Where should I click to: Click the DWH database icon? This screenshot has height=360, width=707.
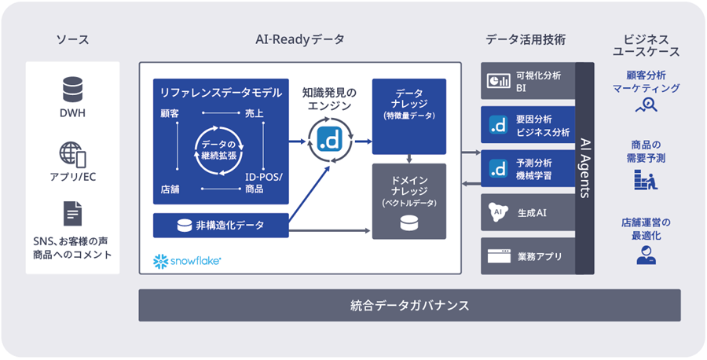tap(72, 90)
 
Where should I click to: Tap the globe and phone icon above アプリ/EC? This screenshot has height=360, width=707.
tap(72, 152)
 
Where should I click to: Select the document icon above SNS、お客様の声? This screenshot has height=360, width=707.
tap(72, 213)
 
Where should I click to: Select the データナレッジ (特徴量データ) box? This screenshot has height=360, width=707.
tap(408, 116)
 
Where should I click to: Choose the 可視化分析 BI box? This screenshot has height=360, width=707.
tap(528, 81)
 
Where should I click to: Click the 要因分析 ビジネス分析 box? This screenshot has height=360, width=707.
tap(528, 125)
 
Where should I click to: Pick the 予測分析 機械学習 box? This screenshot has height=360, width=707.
tap(528, 169)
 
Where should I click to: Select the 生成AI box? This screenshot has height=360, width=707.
tap(528, 212)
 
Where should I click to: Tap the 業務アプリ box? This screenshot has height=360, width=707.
tap(528, 256)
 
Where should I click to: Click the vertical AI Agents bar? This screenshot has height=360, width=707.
tap(584, 168)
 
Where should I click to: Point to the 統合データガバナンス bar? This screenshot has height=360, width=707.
tap(409, 305)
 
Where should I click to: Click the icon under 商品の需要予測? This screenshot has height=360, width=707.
tap(646, 182)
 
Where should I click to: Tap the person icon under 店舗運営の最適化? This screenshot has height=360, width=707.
tap(646, 255)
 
